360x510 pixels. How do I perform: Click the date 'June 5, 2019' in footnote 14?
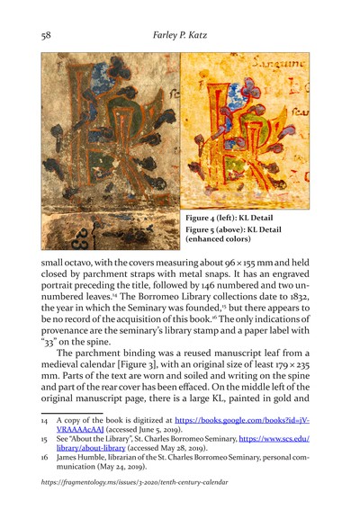coord(158,443)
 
